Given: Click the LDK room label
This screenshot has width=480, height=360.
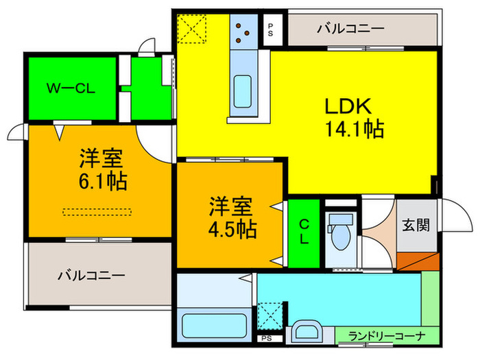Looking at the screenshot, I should coord(348,107).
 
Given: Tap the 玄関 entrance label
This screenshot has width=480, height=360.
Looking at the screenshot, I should coord(416,224).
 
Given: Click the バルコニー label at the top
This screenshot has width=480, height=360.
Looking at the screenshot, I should coord(350,29).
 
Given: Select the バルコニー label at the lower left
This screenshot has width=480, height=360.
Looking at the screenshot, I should coord(91,276).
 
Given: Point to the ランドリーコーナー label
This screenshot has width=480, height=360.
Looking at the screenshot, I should coord(387,336).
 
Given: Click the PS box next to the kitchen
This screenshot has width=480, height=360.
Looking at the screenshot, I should coord(271,29).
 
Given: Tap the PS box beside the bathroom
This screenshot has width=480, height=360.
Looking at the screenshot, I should coord(265,338).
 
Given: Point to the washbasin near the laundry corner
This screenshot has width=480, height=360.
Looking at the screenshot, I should coord(305,333).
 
